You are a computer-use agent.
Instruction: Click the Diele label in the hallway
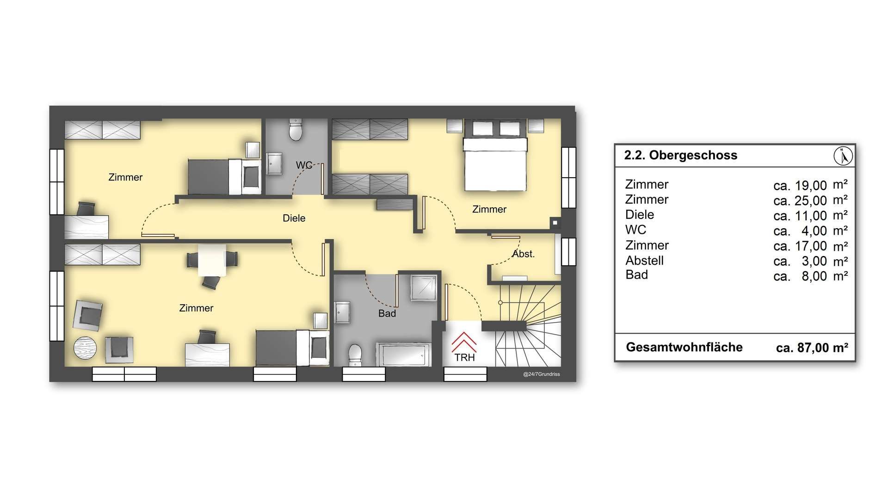click(294, 218)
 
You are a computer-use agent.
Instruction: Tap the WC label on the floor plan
click(304, 165)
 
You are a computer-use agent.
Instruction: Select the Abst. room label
click(524, 254)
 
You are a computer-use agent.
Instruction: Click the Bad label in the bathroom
click(387, 313)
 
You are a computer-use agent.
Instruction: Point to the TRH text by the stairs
click(464, 358)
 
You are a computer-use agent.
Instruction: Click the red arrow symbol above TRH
click(464, 343)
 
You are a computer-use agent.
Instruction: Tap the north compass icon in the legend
click(843, 156)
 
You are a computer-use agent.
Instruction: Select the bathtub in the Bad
click(403, 355)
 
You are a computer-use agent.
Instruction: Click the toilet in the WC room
click(296, 129)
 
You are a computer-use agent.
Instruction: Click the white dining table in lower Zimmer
click(212, 260)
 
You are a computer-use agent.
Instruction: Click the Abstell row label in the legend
click(644, 260)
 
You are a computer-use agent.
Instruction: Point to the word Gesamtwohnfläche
click(684, 347)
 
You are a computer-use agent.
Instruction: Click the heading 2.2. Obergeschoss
click(680, 155)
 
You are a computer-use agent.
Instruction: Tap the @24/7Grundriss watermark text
click(541, 374)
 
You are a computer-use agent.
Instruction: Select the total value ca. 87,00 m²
click(812, 348)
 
